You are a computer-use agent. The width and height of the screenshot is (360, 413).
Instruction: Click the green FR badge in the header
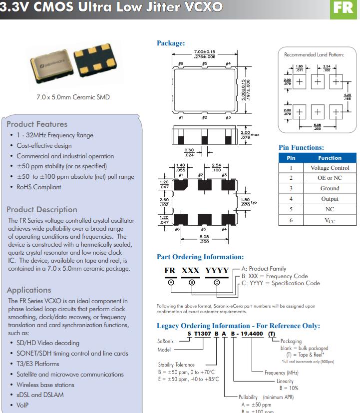pyautogui.click(x=344, y=8)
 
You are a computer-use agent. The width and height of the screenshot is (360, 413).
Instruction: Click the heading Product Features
pyautogui.click(x=37, y=124)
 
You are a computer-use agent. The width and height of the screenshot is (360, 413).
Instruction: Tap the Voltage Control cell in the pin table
pyautogui.click(x=330, y=168)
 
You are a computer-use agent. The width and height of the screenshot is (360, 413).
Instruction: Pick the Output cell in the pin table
pyautogui.click(x=330, y=199)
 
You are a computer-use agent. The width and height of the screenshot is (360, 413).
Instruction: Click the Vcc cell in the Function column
pyautogui.click(x=330, y=220)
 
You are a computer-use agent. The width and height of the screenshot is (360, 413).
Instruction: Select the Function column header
pyautogui.click(x=330, y=158)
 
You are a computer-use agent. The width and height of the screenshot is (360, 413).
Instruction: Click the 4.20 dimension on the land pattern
pyautogui.click(x=348, y=97)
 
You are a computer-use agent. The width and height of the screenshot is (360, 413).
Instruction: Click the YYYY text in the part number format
pyautogui.click(x=217, y=271)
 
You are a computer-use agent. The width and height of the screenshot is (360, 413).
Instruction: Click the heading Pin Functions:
pyautogui.click(x=301, y=147)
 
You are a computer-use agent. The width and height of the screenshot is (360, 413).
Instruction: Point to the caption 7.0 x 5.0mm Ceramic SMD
pyautogui.click(x=73, y=97)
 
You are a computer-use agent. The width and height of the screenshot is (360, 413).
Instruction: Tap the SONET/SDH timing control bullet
pyautogui.click(x=72, y=353)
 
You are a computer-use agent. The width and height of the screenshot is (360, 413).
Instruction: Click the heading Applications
pyautogui.click(x=29, y=290)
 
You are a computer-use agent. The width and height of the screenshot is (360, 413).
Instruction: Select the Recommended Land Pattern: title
pyautogui.click(x=314, y=54)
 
